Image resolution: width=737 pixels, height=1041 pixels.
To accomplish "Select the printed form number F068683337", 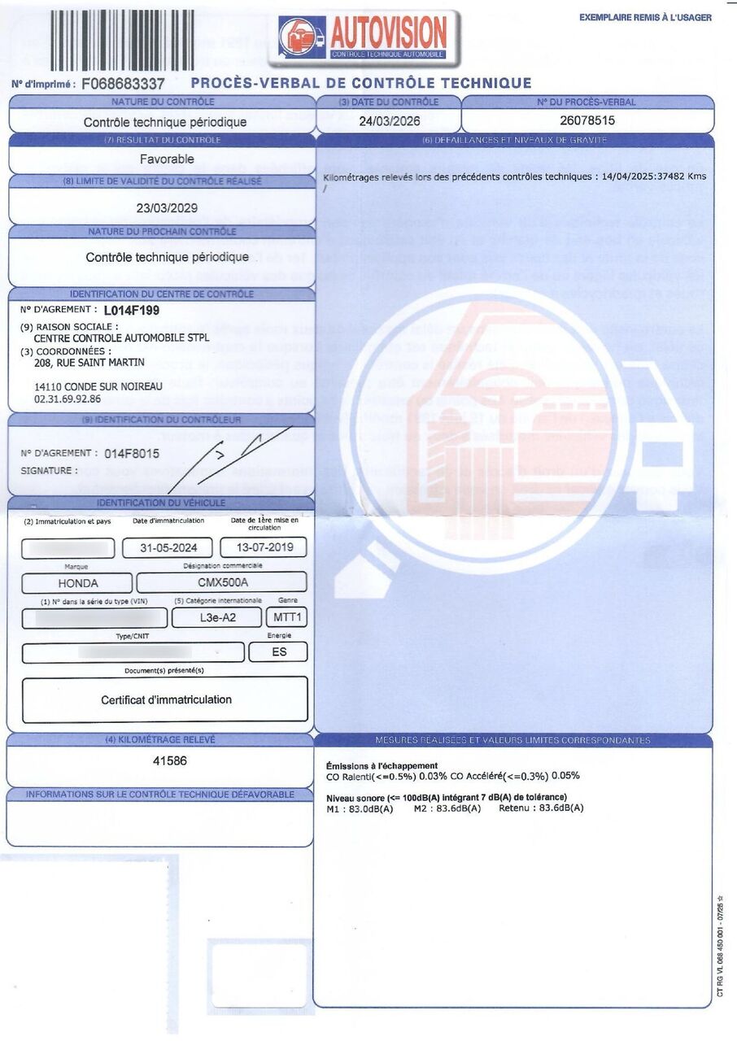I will [x=123, y=84].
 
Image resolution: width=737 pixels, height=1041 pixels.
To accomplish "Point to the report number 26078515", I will [x=587, y=120].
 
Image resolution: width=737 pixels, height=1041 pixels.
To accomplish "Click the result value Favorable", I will [x=167, y=159].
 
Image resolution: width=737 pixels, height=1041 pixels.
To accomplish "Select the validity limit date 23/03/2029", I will [x=167, y=207].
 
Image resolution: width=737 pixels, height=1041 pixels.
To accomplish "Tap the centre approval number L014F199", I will [x=132, y=310].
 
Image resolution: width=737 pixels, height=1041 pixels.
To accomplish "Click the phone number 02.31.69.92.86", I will [x=68, y=399].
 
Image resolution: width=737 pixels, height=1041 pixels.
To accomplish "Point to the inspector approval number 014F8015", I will [x=132, y=454].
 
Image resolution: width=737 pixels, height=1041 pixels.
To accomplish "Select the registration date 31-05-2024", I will [x=167, y=547].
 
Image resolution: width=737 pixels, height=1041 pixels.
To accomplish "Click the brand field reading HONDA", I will [x=77, y=583].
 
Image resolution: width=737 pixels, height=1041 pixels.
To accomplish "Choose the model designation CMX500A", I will [x=221, y=582].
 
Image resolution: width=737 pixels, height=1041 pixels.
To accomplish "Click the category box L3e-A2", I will [x=216, y=618].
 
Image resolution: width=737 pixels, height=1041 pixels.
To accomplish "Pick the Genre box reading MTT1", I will [x=287, y=618].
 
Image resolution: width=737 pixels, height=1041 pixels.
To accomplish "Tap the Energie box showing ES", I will [x=278, y=651].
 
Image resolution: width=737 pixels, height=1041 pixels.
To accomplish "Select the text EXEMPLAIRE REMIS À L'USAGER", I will [x=645, y=17].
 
